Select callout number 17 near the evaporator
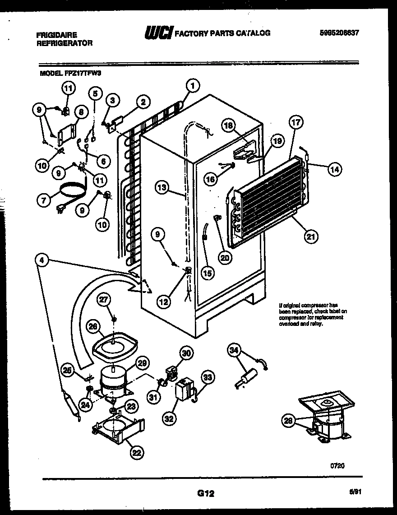(x=297, y=123)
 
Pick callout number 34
(x=234, y=350)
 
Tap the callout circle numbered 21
(x=311, y=236)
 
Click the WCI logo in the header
(x=157, y=33)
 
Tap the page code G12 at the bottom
(x=205, y=494)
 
